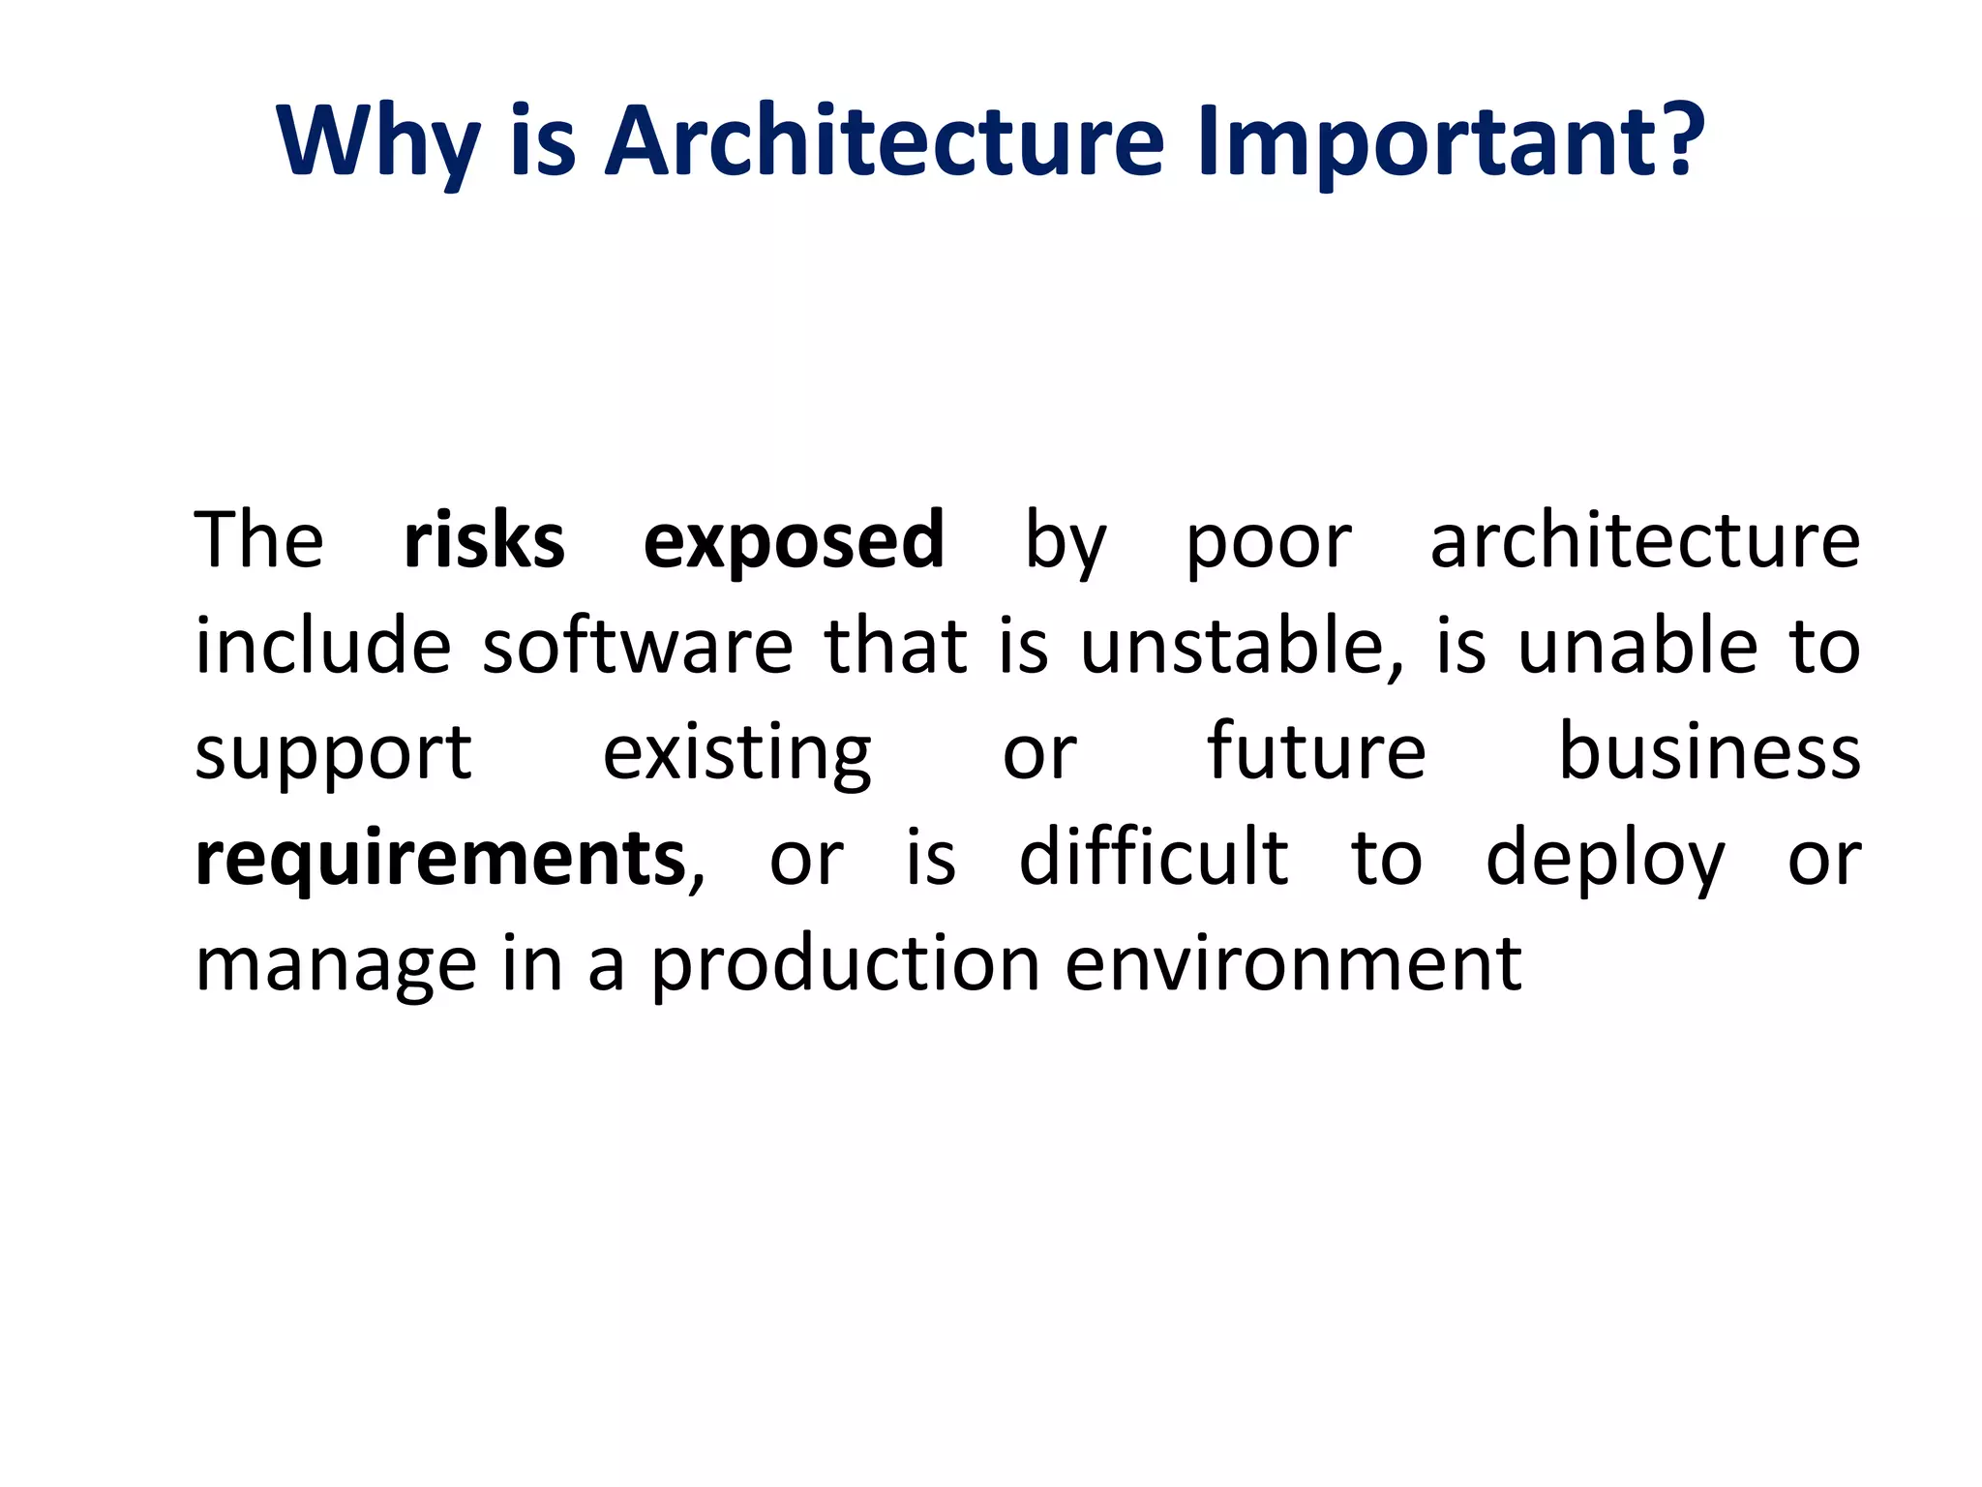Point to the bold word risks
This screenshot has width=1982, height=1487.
pos(484,540)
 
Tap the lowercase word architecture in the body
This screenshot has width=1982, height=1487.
pos(1644,540)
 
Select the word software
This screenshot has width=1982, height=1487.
pos(637,646)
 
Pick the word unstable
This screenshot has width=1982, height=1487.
pos(1241,646)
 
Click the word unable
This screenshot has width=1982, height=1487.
pos(1637,646)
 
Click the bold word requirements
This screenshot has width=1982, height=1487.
pos(440,860)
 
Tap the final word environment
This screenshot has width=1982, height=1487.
pos(1293,965)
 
